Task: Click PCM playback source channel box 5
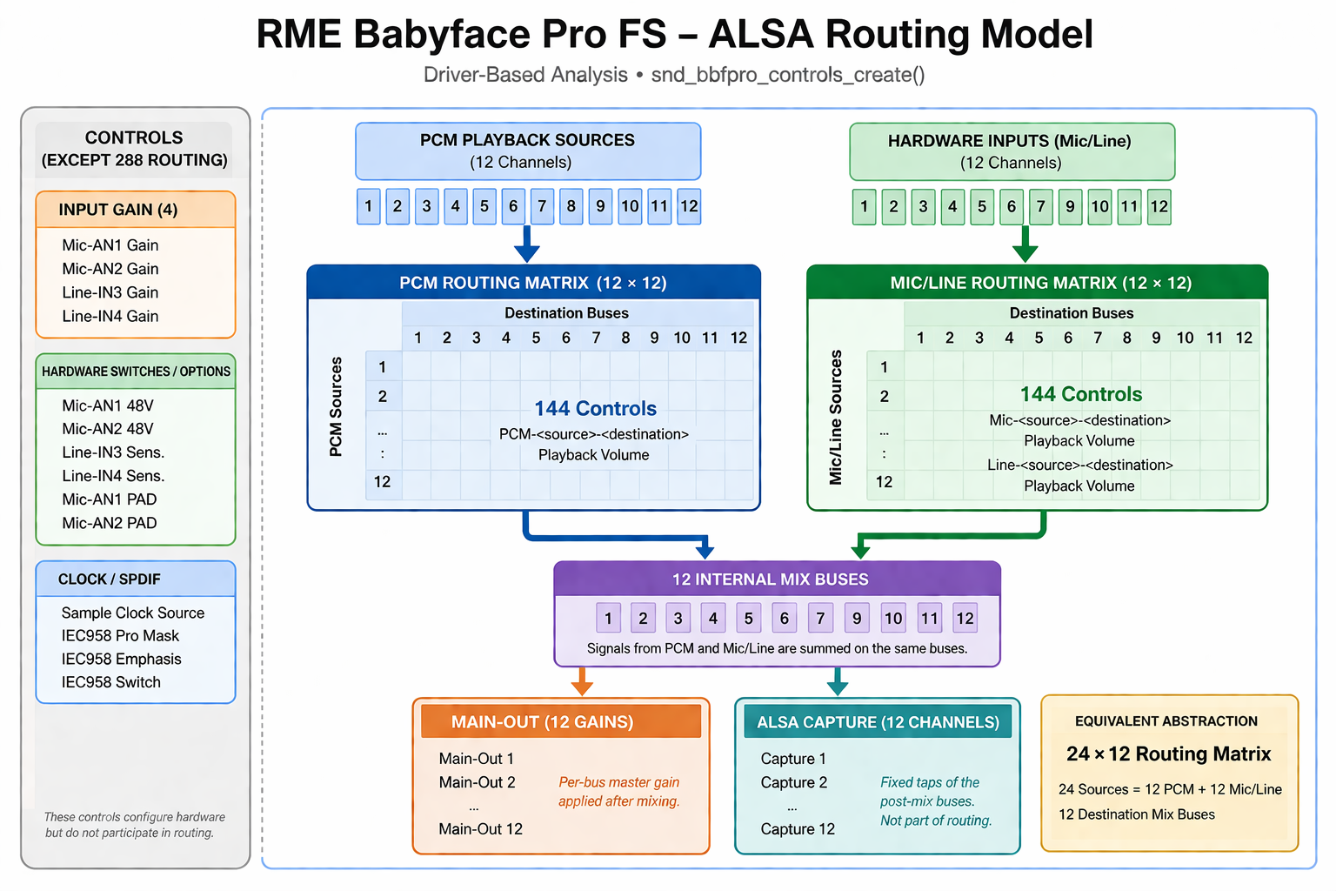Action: point(484,206)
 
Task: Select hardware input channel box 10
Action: point(1100,207)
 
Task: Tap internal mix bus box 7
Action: point(820,619)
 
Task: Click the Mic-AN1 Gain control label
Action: point(110,245)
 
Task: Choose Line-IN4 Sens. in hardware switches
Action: point(113,476)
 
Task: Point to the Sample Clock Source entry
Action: point(133,613)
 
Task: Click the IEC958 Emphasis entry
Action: point(121,659)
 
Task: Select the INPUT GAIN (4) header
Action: point(118,210)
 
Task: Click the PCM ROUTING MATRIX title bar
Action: point(533,283)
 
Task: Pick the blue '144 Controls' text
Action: point(595,408)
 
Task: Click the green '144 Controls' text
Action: point(1080,394)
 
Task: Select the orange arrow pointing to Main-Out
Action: point(582,682)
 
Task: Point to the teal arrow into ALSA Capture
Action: point(837,682)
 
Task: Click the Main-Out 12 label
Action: point(480,829)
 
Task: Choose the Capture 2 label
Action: point(793,782)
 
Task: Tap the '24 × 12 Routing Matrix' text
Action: point(1168,754)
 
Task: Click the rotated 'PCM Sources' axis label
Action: point(336,406)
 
